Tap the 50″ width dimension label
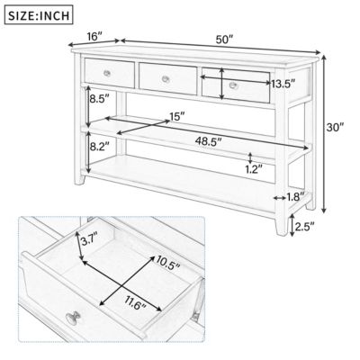224,40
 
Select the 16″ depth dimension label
94,37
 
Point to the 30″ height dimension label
336,128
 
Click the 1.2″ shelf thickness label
255,167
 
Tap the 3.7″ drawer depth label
88,240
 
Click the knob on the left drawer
107,71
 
